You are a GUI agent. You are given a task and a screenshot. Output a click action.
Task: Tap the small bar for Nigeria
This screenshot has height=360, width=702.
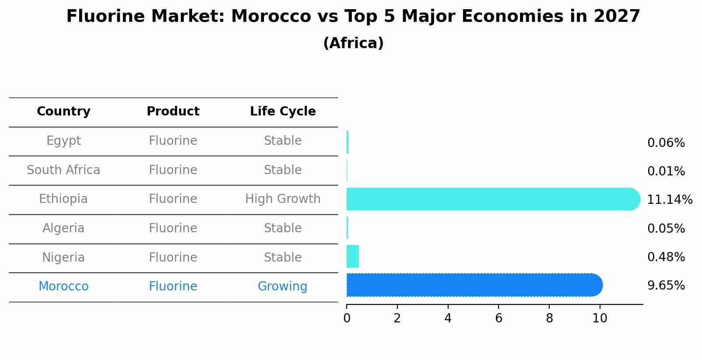pyautogui.click(x=353, y=256)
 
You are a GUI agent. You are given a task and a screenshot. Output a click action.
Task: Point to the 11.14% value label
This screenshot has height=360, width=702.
pyautogui.click(x=670, y=200)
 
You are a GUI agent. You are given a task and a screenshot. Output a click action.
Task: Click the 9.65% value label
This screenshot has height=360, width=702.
pyautogui.click(x=666, y=286)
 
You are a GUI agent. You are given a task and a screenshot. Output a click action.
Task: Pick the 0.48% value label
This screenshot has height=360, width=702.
pyautogui.click(x=666, y=257)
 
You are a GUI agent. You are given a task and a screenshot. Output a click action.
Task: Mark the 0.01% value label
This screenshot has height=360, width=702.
pyautogui.click(x=666, y=171)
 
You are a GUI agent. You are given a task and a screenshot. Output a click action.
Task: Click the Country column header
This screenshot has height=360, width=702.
pyautogui.click(x=63, y=112)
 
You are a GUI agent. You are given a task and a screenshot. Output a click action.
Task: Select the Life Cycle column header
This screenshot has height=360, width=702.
pyautogui.click(x=283, y=112)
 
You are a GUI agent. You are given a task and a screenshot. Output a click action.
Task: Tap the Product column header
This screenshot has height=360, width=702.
pyautogui.click(x=173, y=112)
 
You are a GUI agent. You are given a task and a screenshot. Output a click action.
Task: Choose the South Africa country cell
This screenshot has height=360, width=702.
pyautogui.click(x=63, y=170)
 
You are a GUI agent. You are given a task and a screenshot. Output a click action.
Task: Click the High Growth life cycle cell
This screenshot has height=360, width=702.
pyautogui.click(x=283, y=199)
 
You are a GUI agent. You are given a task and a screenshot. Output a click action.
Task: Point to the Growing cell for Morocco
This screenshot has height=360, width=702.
pyautogui.click(x=282, y=287)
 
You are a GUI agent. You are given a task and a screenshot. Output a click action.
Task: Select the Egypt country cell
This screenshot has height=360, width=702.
pyautogui.click(x=63, y=141)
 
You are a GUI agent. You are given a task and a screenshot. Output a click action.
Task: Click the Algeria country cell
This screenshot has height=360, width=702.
pyautogui.click(x=63, y=228)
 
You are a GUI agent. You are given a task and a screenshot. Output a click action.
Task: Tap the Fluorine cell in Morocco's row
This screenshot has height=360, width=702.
pyautogui.click(x=173, y=287)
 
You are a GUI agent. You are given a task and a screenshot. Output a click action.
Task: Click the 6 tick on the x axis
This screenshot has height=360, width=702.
pyautogui.click(x=498, y=318)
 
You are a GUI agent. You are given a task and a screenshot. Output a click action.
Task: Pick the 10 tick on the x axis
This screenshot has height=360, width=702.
pyautogui.click(x=600, y=318)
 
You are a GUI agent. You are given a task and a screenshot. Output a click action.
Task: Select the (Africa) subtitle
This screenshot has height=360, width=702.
pyautogui.click(x=353, y=43)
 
